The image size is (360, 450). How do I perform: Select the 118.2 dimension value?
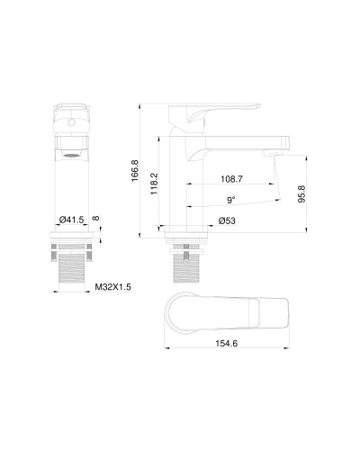tap(156, 184)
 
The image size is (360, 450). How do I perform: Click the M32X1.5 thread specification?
tap(113, 287)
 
